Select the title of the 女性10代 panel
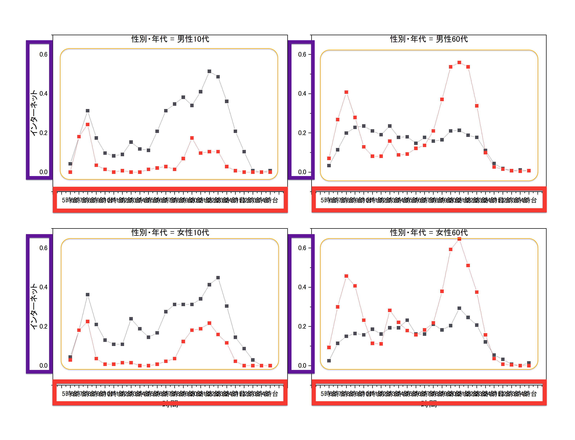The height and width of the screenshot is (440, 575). (170, 233)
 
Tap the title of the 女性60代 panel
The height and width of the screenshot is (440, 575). (429, 233)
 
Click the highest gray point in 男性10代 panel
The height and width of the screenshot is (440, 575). (209, 71)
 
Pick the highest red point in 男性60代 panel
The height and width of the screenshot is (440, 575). (459, 63)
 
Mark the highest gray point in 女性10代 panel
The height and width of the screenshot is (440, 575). (218, 278)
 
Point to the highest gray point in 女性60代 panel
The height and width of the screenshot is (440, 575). (459, 308)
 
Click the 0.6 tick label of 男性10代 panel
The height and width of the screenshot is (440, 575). (43, 55)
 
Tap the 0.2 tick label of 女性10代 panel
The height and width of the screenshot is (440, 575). (43, 326)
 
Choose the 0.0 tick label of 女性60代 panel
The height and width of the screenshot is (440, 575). (302, 366)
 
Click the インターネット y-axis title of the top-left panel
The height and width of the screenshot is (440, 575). (34, 113)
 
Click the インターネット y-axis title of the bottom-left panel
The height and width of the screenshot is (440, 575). (34, 306)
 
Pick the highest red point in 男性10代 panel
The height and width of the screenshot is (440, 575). (192, 138)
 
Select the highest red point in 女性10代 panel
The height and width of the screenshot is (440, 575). (209, 323)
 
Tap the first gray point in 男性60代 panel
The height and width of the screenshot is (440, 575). (329, 165)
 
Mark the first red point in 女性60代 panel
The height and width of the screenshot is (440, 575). (329, 348)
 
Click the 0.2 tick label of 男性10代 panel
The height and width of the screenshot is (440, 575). (43, 133)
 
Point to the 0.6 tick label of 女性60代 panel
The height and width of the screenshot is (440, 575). (302, 248)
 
